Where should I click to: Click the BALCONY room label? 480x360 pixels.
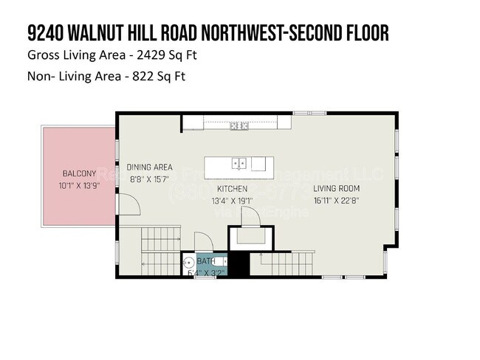click(79, 174)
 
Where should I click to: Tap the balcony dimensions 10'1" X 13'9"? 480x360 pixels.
click(79, 186)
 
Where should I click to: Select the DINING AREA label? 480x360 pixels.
click(149, 167)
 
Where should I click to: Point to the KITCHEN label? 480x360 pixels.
click(232, 189)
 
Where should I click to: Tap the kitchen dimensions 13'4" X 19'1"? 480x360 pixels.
click(232, 201)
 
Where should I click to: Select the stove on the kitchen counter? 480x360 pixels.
click(239, 126)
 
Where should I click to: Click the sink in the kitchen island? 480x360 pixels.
click(239, 163)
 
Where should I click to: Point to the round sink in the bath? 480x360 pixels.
click(189, 263)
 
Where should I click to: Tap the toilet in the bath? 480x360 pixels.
click(222, 262)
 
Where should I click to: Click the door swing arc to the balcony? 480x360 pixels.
click(128, 204)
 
